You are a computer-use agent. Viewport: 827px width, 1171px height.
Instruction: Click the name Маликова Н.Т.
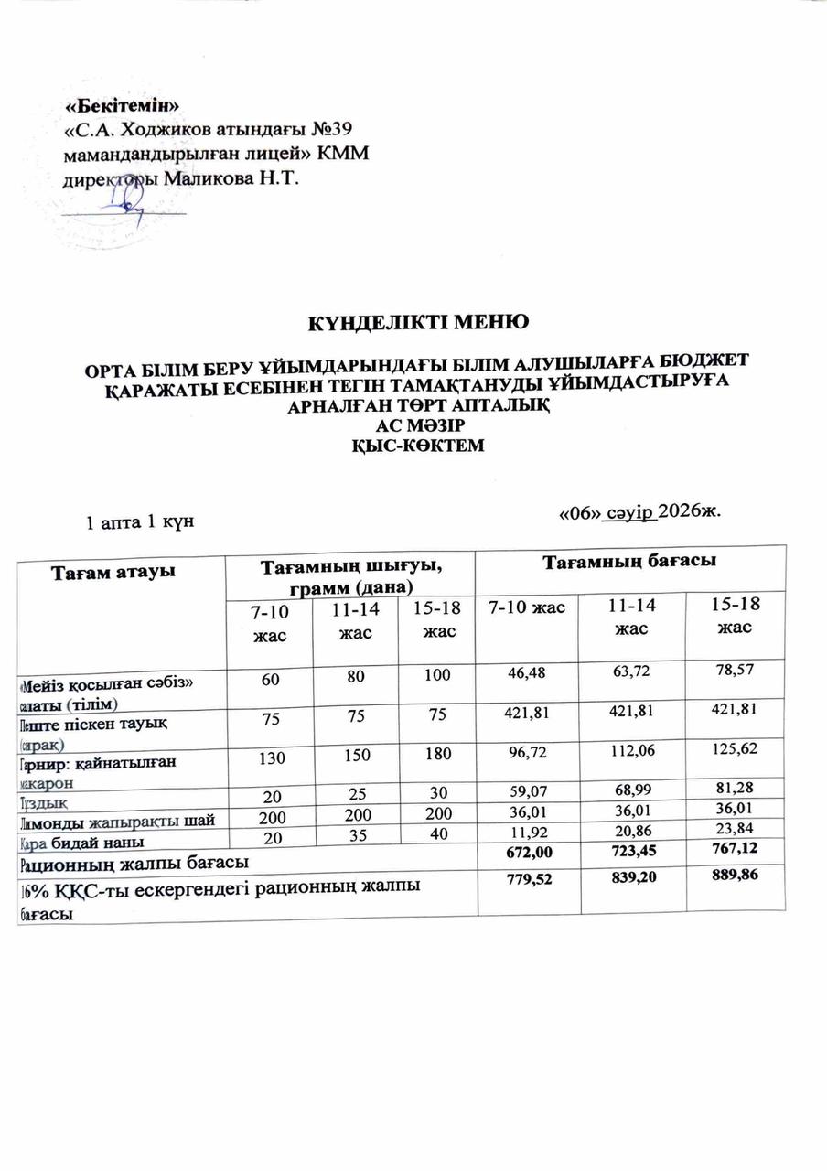click(x=231, y=177)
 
